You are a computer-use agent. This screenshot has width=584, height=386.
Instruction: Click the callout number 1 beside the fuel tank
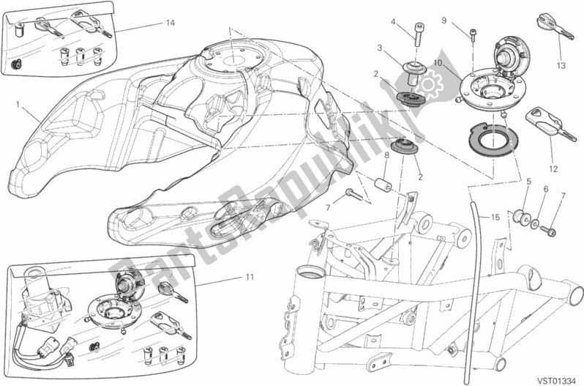(17, 104)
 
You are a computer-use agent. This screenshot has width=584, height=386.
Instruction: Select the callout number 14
(170, 23)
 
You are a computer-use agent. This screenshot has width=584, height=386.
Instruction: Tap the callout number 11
(250, 277)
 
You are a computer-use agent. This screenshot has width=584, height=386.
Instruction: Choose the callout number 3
(380, 48)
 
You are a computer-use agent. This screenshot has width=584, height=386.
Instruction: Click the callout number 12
(553, 145)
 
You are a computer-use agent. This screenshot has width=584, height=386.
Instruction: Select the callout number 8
(386, 156)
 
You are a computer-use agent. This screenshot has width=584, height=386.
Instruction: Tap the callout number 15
(494, 218)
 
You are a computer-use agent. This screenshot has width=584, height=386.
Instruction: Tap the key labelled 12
(542, 122)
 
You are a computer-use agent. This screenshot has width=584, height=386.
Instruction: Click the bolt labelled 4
(418, 35)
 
